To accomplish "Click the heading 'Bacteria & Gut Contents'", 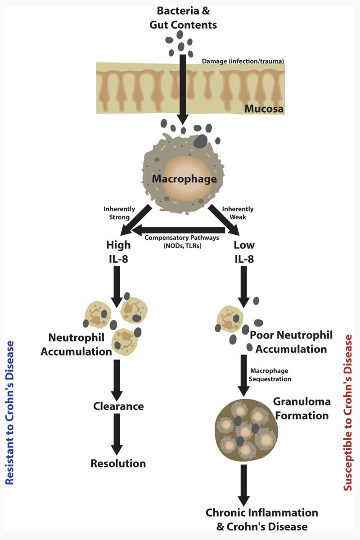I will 183,18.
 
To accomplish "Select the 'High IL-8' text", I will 118,252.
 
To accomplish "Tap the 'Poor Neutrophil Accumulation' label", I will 291,342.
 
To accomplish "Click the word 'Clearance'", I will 118,406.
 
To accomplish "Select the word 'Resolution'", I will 118,463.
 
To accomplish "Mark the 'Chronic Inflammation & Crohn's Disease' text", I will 262,519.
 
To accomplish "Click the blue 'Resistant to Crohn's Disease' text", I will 10,412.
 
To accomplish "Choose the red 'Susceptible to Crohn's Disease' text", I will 347,412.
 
